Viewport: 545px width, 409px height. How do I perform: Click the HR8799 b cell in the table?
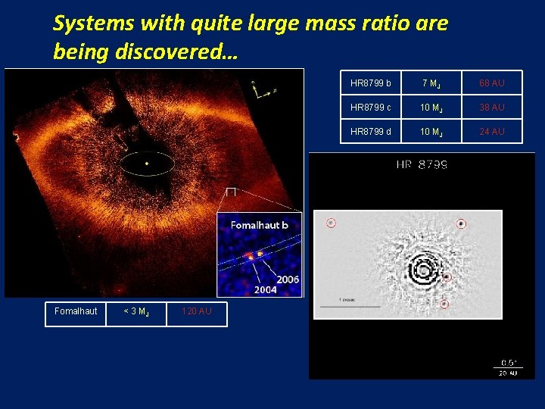371,83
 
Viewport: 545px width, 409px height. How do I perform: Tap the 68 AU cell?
492,83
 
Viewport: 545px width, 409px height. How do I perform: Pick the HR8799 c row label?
371,108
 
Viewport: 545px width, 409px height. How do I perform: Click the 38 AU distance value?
492,108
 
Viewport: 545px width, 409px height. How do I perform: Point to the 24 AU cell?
492,132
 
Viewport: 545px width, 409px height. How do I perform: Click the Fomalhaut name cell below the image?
76,311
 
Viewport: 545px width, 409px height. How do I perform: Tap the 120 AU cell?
197,311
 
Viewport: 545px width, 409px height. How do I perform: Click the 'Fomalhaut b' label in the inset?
260,225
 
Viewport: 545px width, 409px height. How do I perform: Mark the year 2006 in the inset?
287,279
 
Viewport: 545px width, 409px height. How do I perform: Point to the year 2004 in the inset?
265,290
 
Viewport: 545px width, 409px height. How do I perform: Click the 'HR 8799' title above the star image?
422,164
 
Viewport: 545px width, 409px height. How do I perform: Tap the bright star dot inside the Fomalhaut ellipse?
147,163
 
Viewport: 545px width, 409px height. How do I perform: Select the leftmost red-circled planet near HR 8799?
331,223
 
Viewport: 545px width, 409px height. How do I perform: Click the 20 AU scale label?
508,372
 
